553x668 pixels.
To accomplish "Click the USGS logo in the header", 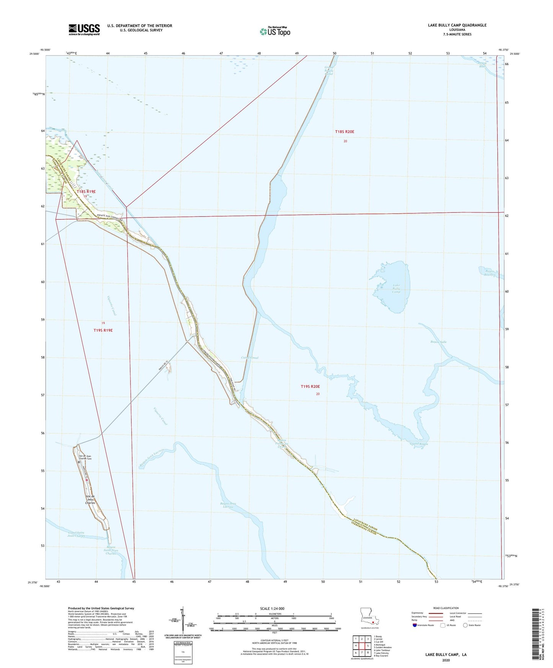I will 84,29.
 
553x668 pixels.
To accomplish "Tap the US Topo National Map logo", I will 275,31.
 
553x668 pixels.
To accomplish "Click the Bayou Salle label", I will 438,342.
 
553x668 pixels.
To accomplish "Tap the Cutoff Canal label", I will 250,358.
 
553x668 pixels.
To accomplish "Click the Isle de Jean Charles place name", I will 90,500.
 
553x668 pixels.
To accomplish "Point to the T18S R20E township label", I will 344,132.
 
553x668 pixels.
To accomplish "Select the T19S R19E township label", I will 103,330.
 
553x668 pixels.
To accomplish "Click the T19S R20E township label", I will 310,387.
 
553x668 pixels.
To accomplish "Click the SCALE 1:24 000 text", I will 272,608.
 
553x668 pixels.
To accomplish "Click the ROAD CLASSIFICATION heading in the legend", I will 446,608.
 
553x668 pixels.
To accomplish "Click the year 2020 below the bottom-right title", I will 446,660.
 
